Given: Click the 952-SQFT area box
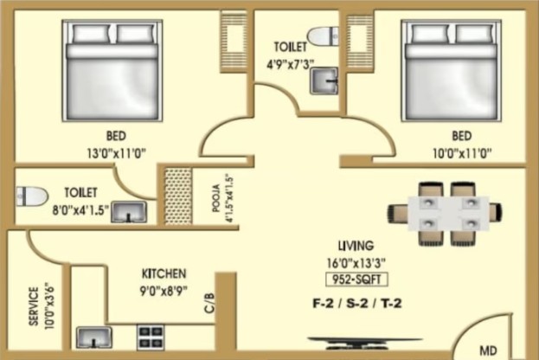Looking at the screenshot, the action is point(356,280).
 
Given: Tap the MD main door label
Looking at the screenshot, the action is point(488,350).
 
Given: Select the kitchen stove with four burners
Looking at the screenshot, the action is point(151,337).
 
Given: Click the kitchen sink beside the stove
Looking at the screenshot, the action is point(93,337).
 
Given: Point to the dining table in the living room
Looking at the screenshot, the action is point(448,214).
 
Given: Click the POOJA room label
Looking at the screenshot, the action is point(216,198).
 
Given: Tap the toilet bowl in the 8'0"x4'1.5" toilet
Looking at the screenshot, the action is point(32,196).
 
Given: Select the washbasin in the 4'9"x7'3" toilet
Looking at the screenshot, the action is point(324,81).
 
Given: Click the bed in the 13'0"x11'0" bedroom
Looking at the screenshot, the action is point(112,70).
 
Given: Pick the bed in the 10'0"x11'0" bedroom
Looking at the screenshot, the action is point(451,70).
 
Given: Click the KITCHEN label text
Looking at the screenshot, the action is point(164,274).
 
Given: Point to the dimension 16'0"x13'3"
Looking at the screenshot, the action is point(356,263).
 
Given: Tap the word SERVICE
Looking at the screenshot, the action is point(34,306).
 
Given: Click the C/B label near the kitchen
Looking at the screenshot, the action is point(209,303).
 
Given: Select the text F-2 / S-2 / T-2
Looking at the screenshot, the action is point(356,304).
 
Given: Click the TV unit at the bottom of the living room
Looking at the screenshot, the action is point(364,343).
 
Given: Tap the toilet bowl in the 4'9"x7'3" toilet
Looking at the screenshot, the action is point(323,36).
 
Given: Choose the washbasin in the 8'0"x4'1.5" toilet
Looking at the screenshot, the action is point(129,212).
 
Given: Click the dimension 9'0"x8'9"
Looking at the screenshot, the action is point(164,291).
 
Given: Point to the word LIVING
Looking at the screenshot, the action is point(356,246).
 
